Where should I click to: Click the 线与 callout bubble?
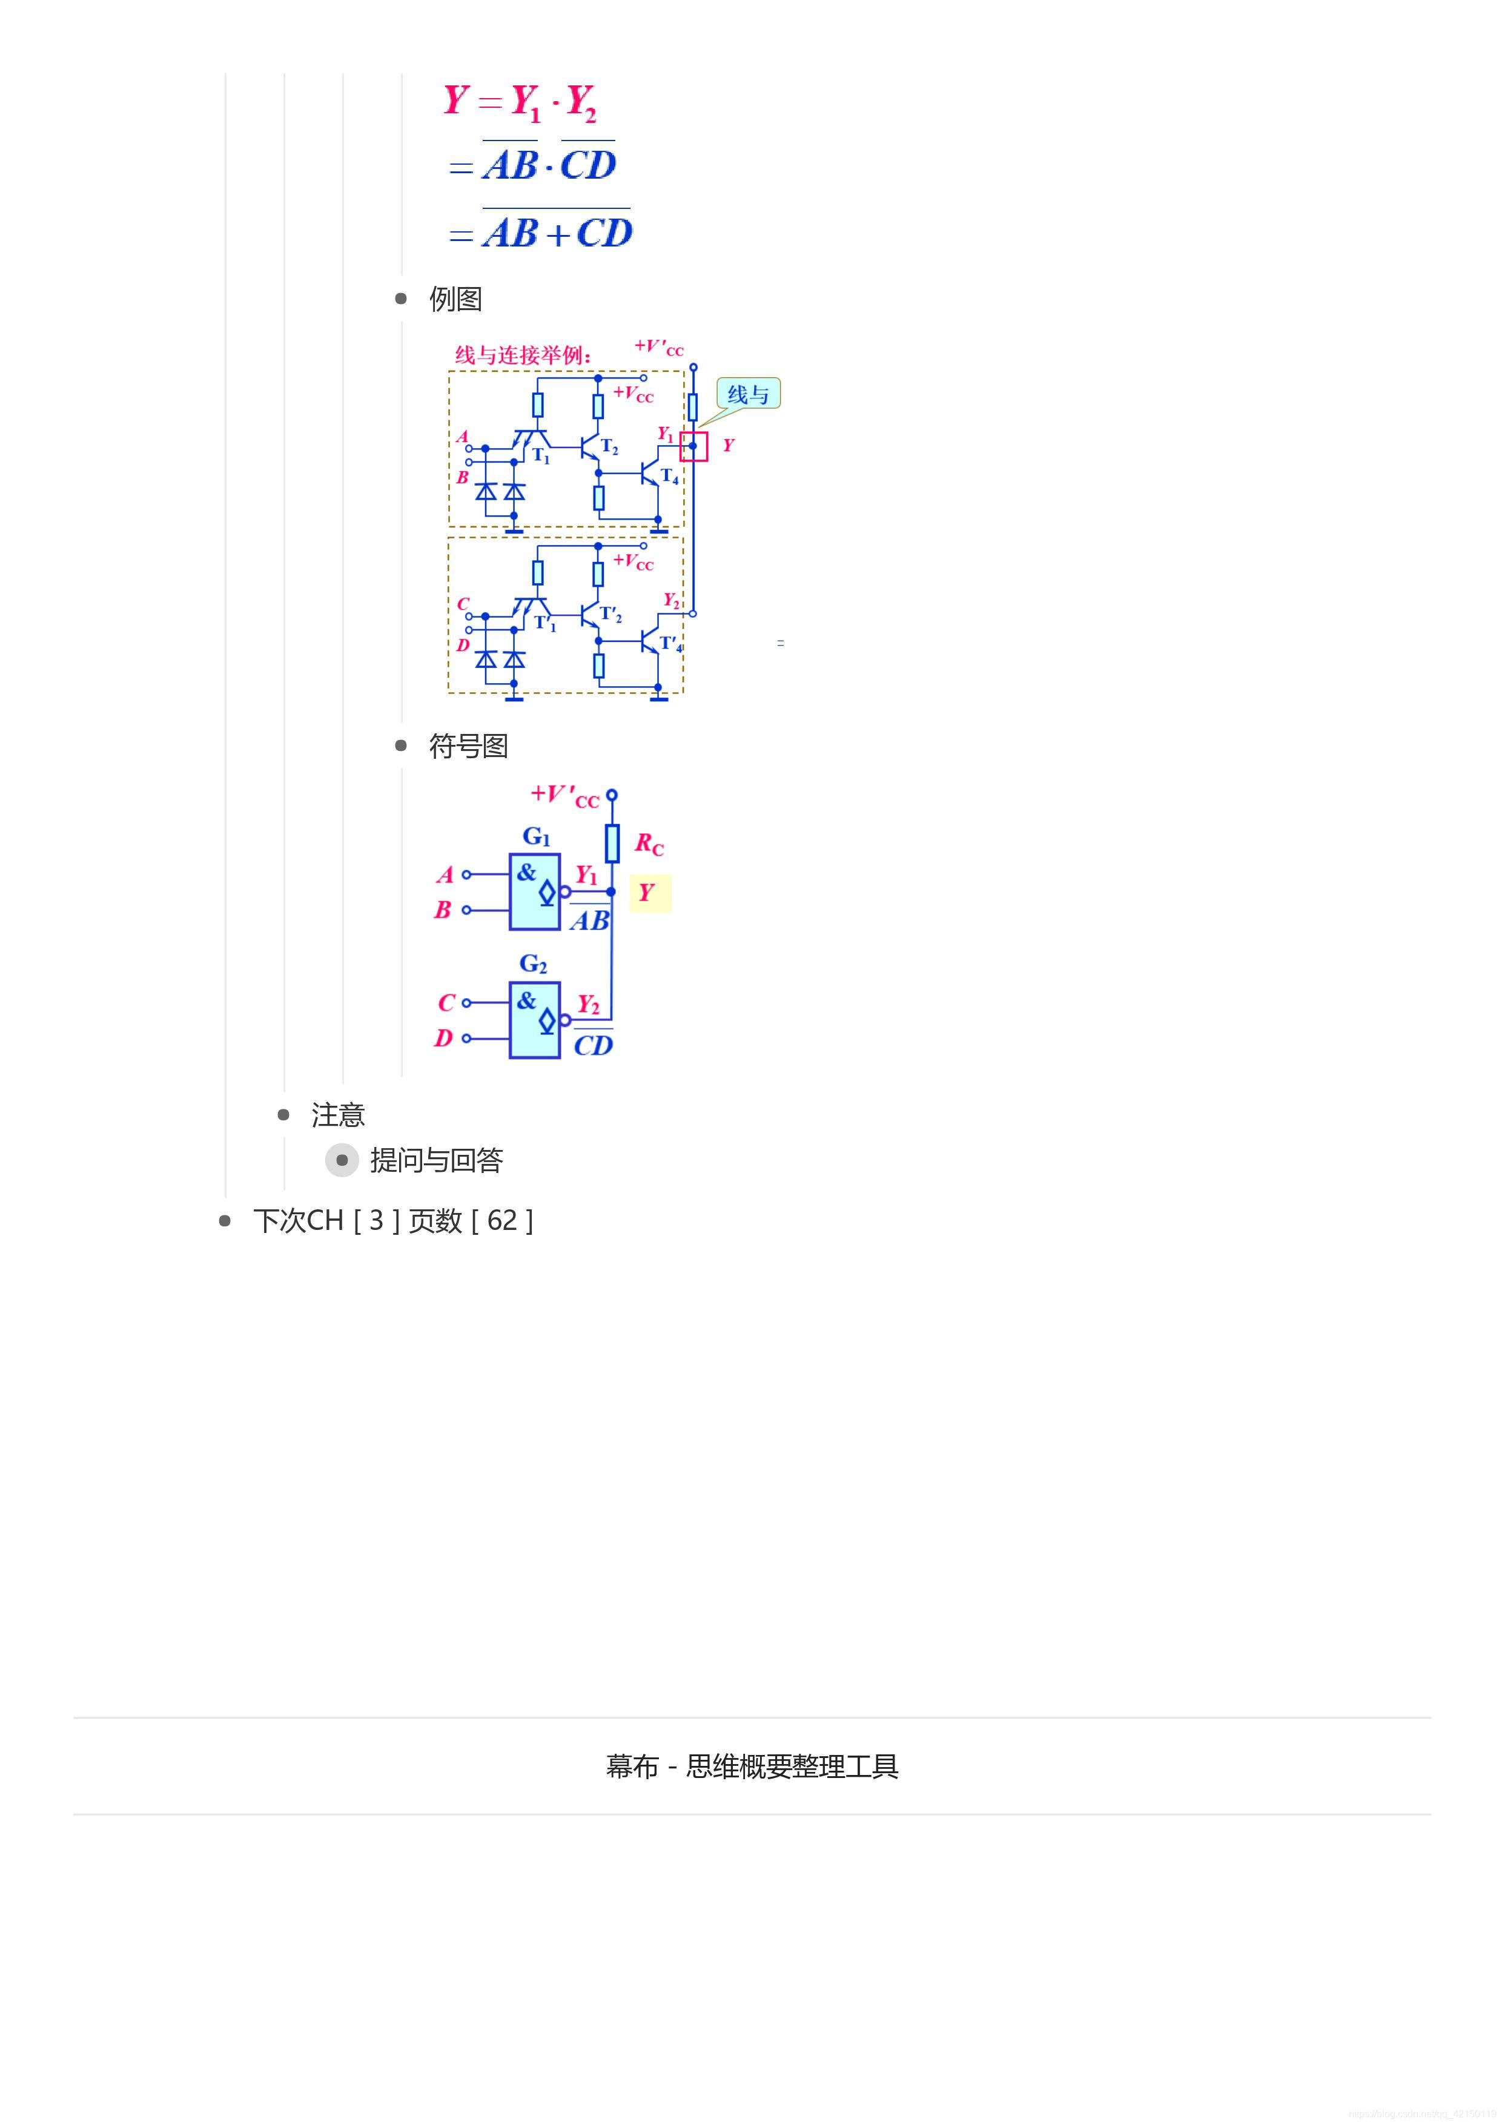point(748,394)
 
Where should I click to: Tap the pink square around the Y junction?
point(693,446)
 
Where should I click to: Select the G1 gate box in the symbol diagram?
point(534,891)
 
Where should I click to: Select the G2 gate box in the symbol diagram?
point(534,1020)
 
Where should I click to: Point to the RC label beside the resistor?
point(649,844)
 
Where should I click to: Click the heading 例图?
point(455,299)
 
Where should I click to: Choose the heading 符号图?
point(468,746)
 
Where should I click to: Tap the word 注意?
point(338,1115)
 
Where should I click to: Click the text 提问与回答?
point(436,1161)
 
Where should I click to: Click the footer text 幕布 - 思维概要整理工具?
point(752,1766)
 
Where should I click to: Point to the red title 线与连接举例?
point(523,354)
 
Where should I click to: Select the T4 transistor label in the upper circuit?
point(669,477)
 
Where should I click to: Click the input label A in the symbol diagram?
point(445,874)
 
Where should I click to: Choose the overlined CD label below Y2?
point(593,1045)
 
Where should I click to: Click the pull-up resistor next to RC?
point(612,843)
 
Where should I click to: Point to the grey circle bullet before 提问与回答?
point(342,1161)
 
